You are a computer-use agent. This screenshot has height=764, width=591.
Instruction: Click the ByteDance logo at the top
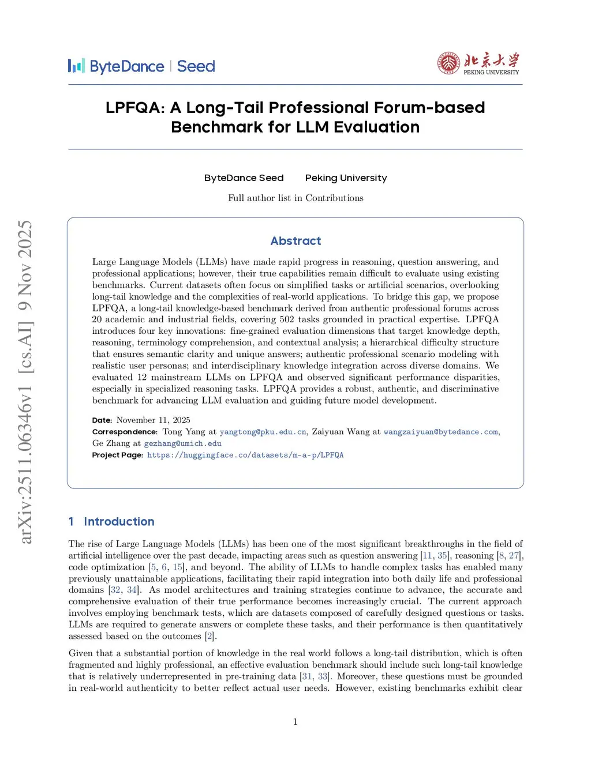click(116, 66)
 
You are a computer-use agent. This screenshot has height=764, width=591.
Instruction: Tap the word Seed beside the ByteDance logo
click(196, 66)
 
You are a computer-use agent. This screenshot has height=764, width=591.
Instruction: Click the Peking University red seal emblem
click(449, 63)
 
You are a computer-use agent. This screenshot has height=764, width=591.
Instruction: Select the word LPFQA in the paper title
click(135, 108)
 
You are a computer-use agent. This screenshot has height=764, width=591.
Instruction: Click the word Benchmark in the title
click(216, 127)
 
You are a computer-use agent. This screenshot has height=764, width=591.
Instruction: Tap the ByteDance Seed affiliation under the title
click(244, 178)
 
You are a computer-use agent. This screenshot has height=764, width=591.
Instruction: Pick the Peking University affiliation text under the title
click(346, 178)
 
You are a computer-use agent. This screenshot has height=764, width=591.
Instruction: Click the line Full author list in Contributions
click(295, 198)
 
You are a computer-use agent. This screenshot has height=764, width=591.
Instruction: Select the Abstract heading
click(295, 241)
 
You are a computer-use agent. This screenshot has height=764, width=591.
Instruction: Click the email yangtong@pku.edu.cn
click(263, 432)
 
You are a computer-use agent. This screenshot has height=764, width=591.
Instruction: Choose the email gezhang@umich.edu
click(182, 443)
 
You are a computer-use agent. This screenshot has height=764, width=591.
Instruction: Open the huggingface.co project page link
click(245, 455)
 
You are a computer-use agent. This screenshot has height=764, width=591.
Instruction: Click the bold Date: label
click(102, 420)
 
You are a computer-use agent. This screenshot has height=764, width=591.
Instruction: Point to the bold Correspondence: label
click(125, 432)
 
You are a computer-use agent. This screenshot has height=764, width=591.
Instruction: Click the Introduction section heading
click(119, 522)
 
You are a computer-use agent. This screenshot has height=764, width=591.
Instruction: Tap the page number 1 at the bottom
click(295, 721)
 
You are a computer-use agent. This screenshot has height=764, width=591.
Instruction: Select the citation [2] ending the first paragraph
click(211, 636)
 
